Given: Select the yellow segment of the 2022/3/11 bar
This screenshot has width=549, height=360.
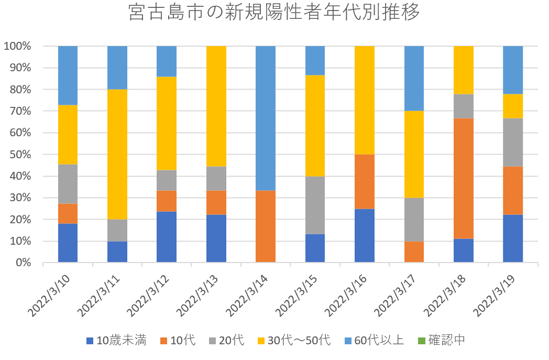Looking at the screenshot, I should (x=117, y=155).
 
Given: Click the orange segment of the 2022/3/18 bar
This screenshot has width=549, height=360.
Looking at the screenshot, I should (x=464, y=178).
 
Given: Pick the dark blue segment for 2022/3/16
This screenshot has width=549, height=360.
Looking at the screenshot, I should (x=365, y=235).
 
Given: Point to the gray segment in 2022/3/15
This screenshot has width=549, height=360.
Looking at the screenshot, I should (x=315, y=205).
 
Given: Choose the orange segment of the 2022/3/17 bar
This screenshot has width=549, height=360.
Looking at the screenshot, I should (x=414, y=252).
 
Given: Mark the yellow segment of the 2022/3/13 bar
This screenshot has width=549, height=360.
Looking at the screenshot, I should (x=216, y=106).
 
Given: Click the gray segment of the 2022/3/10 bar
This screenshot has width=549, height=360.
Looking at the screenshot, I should (x=68, y=184).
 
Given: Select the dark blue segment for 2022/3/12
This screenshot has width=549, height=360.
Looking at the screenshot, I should (x=167, y=236).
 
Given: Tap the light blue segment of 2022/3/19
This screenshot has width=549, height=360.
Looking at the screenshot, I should (x=513, y=70).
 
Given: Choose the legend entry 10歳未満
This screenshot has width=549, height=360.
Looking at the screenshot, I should (x=116, y=340).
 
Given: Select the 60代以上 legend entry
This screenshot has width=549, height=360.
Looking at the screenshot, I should (x=372, y=340).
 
